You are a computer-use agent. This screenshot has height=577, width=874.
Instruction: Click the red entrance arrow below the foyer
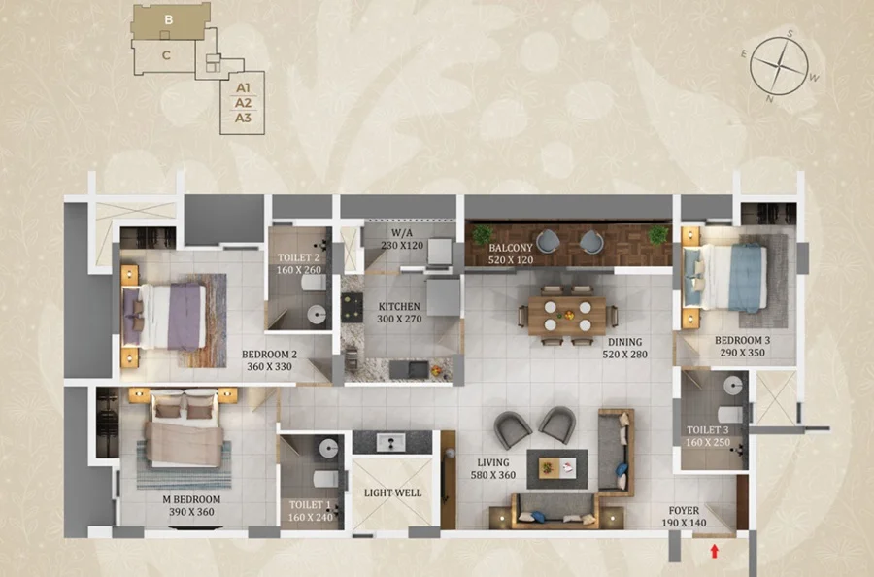714,551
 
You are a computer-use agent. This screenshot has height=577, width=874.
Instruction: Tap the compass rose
779,66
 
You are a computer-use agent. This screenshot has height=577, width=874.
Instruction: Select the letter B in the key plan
168,20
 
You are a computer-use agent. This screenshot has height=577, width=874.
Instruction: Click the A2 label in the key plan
243,103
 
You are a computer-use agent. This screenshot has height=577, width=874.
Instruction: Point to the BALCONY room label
511,248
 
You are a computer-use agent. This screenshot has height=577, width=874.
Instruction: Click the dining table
567,316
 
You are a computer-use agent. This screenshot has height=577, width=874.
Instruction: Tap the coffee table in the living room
556,468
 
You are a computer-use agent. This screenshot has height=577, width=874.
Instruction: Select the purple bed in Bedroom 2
164,317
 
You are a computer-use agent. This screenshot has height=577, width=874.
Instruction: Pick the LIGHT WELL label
392,492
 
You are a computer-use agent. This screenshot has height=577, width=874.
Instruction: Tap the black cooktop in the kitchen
353,308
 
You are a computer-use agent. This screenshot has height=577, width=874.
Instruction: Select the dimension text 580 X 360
492,475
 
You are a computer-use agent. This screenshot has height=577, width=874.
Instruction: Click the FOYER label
684,510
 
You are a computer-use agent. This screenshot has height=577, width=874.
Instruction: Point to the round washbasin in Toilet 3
733,385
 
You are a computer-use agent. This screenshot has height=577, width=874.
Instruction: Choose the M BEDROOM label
191,499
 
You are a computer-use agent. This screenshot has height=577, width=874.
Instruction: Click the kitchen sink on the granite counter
409,369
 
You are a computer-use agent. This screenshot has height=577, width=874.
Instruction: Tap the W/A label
402,232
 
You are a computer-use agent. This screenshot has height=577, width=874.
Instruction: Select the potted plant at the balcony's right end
658,235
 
